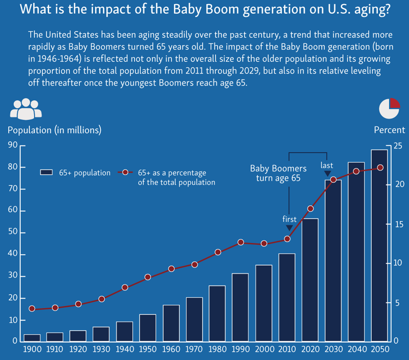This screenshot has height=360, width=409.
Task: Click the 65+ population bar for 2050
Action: click(379, 245)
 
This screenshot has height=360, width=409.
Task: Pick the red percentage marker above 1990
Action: click(241, 242)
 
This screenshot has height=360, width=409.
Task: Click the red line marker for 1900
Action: click(32, 308)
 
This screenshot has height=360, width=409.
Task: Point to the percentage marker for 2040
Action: click(356, 171)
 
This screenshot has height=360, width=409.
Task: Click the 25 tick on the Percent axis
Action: click(397, 145)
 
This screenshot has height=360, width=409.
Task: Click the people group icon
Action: click(26, 108)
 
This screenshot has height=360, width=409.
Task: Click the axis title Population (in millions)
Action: click(55, 130)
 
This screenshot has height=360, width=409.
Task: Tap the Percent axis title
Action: click(389, 130)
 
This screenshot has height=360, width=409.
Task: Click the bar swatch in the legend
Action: click(46, 173)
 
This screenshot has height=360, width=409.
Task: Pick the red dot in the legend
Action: click(125, 173)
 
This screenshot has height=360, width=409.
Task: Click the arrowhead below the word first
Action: click(289, 228)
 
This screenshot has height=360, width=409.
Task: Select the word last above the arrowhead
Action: click(327, 165)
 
